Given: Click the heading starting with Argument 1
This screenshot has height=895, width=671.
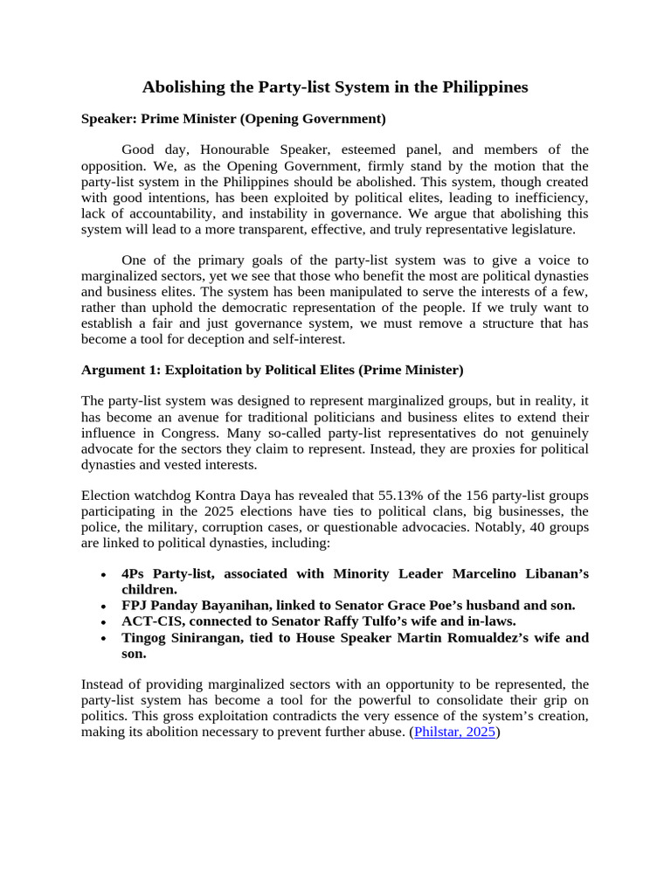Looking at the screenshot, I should [272, 370].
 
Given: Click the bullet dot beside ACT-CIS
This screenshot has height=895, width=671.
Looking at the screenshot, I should [104, 621].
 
